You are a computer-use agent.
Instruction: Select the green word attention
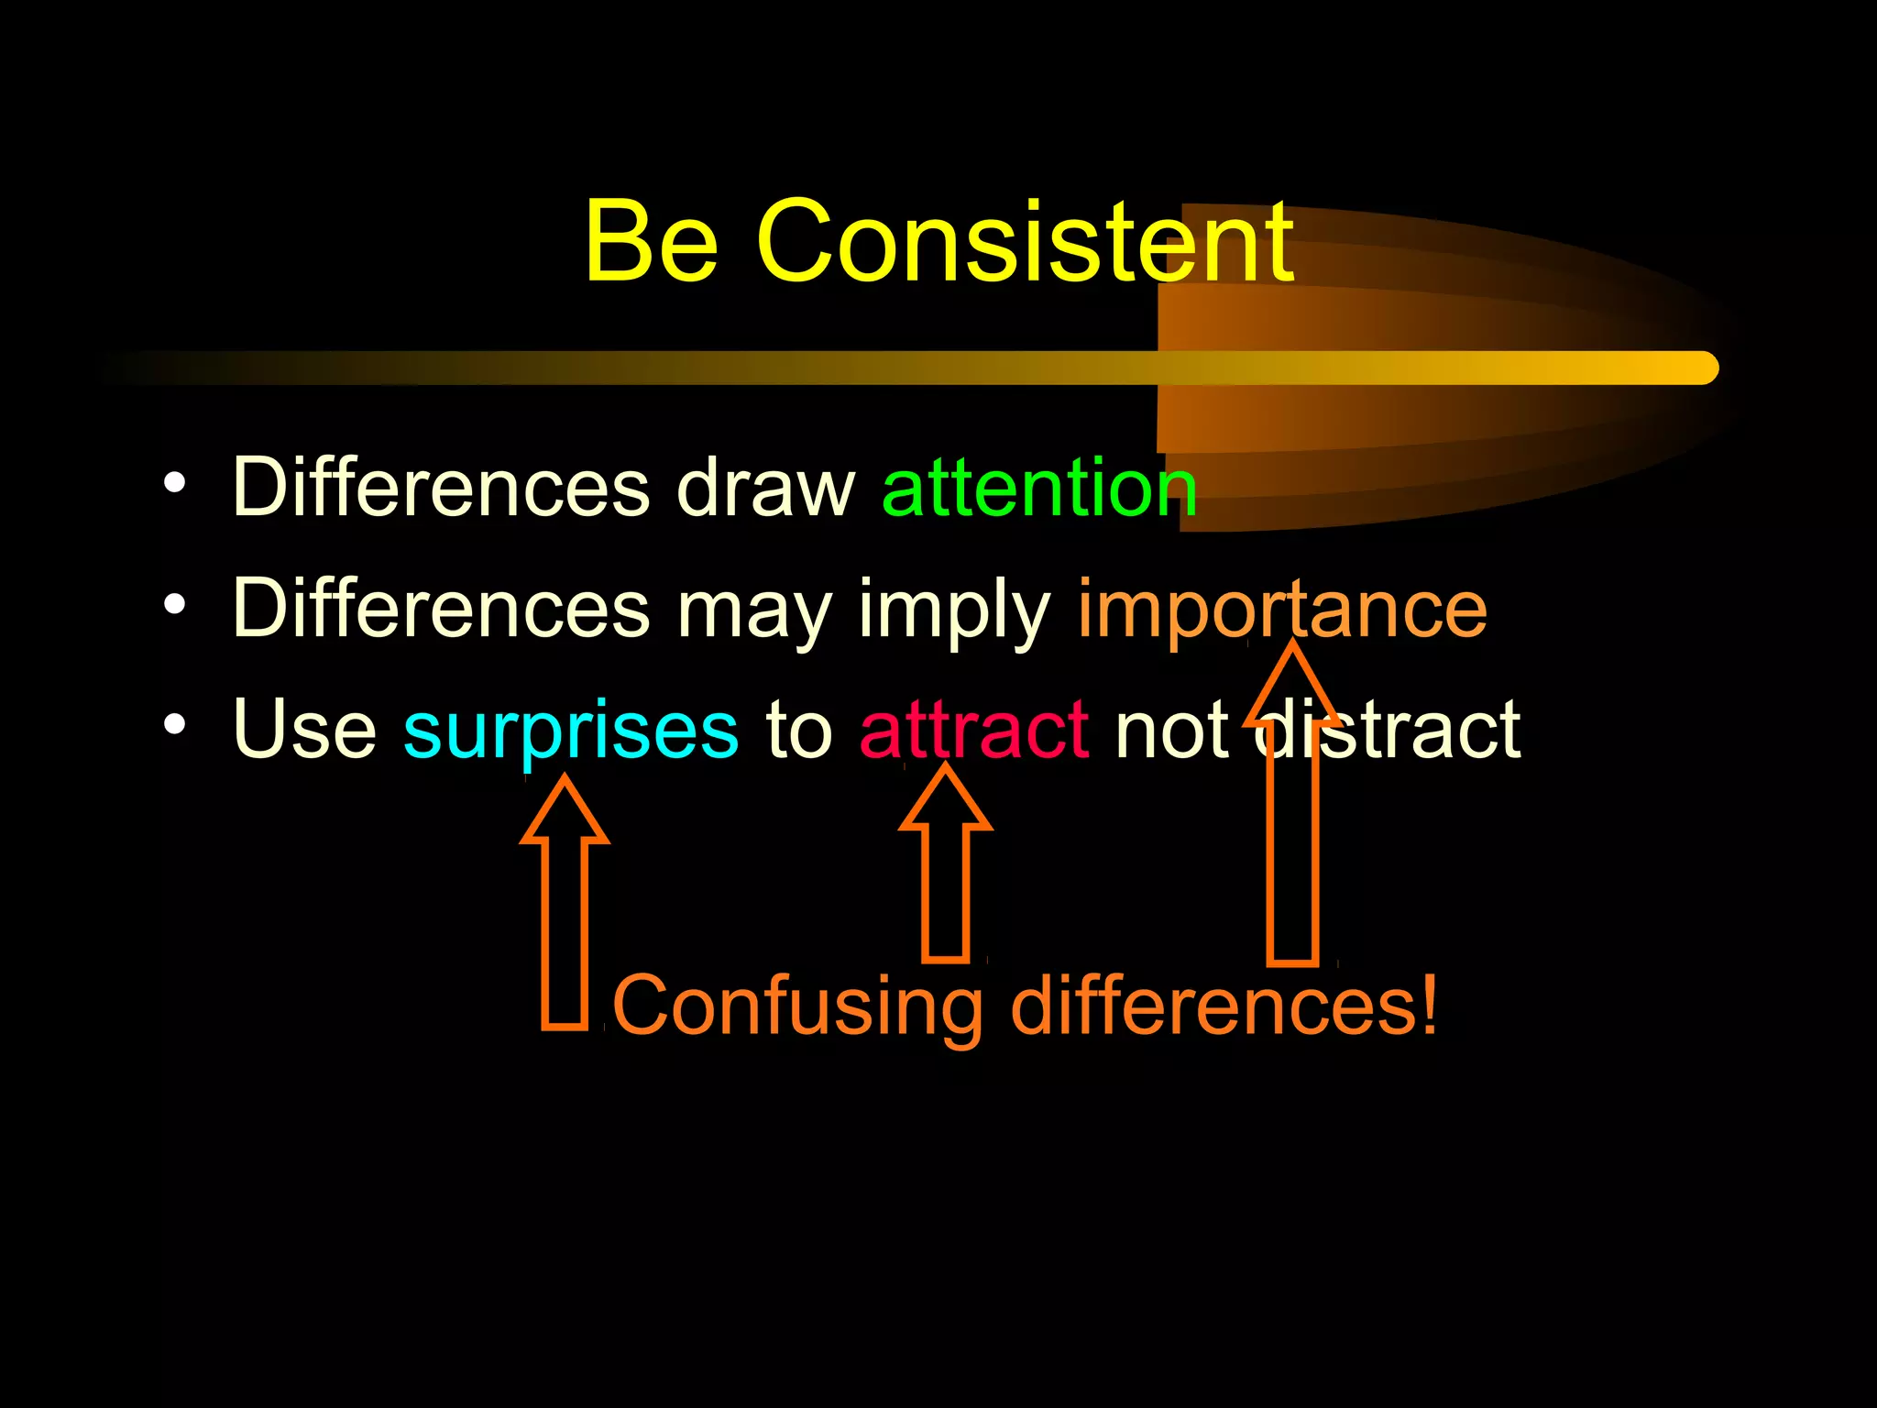coord(1038,488)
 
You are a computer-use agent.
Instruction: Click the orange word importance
coord(1281,609)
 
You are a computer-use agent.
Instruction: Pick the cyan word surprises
coord(570,731)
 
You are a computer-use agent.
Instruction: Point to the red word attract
coord(973,731)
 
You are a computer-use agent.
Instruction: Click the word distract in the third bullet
coord(1389,731)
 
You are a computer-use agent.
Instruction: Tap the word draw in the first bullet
coord(765,488)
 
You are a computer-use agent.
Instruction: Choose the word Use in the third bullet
coord(304,731)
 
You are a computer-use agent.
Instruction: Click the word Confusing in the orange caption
coord(796,1006)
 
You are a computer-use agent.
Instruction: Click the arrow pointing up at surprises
coord(565,907)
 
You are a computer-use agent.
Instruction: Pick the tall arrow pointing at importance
coord(1292,825)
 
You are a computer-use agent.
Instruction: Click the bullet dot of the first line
coord(174,483)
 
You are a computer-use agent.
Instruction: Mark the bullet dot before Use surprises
coord(174,725)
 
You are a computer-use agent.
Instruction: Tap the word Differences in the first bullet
coord(442,488)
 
